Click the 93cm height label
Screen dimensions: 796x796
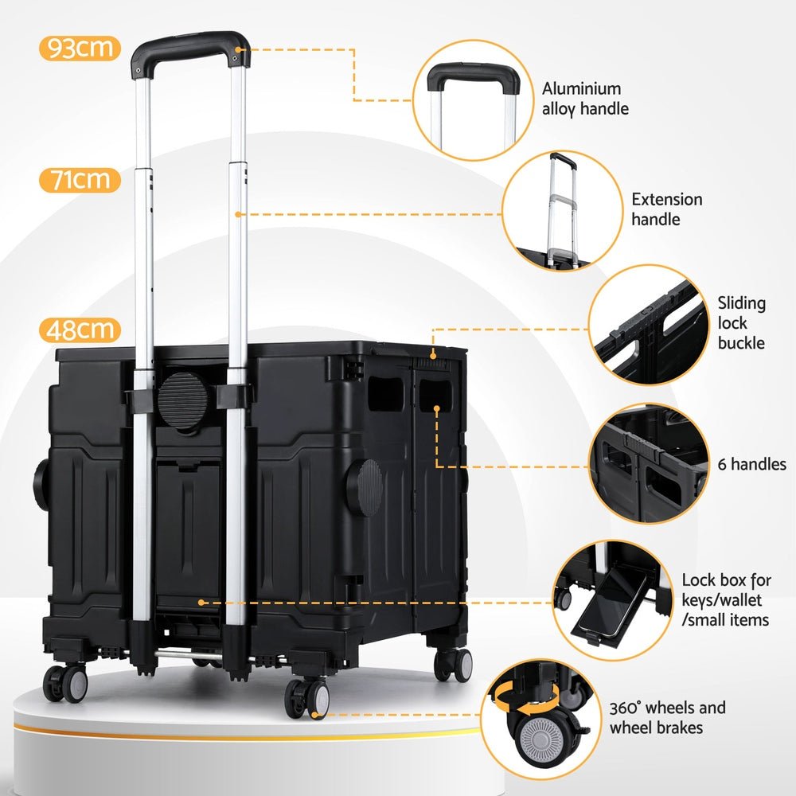80,49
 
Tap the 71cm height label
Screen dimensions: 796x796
80,180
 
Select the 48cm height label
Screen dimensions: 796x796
80,330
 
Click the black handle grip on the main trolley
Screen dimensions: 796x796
191,45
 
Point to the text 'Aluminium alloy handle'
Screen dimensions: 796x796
585,99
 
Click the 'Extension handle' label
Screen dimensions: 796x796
667,209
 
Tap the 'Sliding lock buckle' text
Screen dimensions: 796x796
741,322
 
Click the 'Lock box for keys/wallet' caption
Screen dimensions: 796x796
725,599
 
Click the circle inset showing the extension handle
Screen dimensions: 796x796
562,210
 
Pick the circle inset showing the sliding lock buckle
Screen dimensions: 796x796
649,324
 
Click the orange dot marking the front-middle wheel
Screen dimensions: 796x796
316,716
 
